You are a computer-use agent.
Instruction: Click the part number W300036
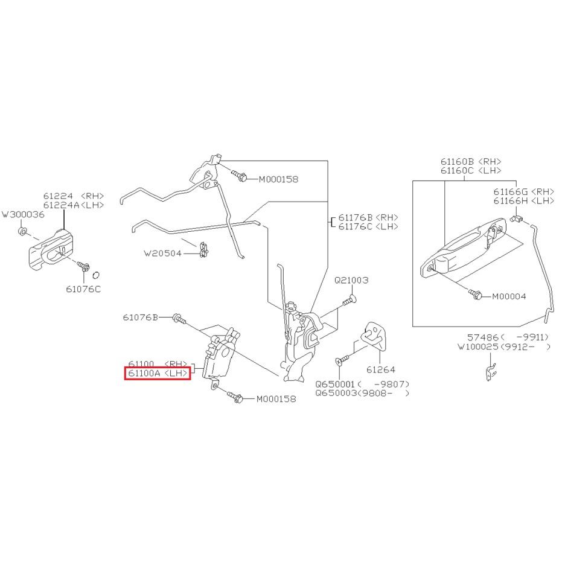(x=24, y=214)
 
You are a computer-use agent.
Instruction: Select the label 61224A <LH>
(x=74, y=205)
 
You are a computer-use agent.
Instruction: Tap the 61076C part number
(x=83, y=289)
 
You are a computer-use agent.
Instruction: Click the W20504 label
(x=163, y=254)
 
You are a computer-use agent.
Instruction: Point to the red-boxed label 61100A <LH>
(x=158, y=373)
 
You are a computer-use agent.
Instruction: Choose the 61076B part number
(x=141, y=318)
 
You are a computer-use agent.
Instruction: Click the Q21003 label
(x=351, y=280)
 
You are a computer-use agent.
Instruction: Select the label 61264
(x=381, y=369)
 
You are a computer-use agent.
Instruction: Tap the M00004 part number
(x=509, y=296)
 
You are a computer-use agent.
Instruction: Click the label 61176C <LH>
(x=368, y=226)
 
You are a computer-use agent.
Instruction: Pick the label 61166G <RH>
(x=523, y=192)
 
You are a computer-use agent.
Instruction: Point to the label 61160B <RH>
(x=471, y=162)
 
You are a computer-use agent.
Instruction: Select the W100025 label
(x=477, y=346)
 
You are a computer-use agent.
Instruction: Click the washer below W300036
(x=22, y=232)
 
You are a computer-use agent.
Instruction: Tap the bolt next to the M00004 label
(x=475, y=294)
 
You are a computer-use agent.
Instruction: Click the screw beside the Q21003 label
(x=349, y=301)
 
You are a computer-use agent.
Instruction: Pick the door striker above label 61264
(x=374, y=336)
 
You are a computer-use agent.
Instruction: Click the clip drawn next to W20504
(x=203, y=250)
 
